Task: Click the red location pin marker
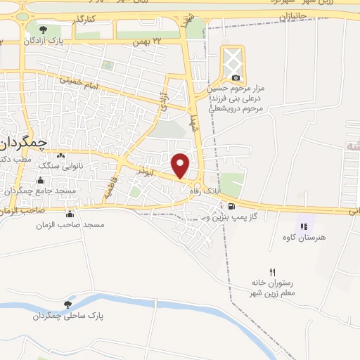pos(181,165)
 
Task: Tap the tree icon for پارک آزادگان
pos(44,30)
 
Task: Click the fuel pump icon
pos(231,206)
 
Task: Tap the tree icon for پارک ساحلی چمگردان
pos(67,304)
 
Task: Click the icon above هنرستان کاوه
pos(304,226)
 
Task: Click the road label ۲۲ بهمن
pos(148,42)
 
